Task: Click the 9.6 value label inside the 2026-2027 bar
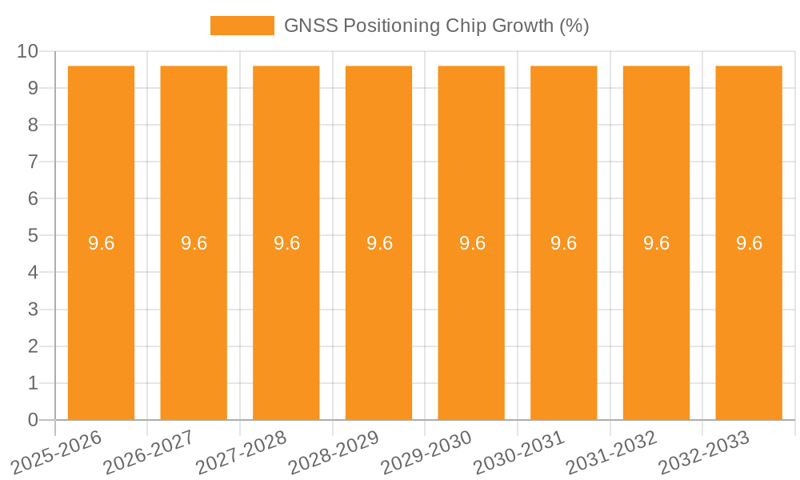(x=194, y=243)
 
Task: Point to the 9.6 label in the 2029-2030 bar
(x=472, y=243)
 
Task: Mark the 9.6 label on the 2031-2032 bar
(x=656, y=243)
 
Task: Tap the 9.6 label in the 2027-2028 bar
(x=286, y=243)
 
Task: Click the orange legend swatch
(x=242, y=26)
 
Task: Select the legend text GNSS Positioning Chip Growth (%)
(x=437, y=26)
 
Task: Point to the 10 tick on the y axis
(x=28, y=51)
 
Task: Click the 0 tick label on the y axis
(x=33, y=420)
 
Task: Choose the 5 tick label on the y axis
(x=33, y=236)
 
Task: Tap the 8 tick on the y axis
(x=33, y=125)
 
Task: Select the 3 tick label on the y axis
(x=33, y=310)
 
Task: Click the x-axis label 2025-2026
(x=58, y=452)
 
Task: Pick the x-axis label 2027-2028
(x=242, y=452)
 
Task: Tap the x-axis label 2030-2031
(x=520, y=452)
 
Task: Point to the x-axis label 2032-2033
(x=705, y=452)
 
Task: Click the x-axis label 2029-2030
(x=427, y=452)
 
